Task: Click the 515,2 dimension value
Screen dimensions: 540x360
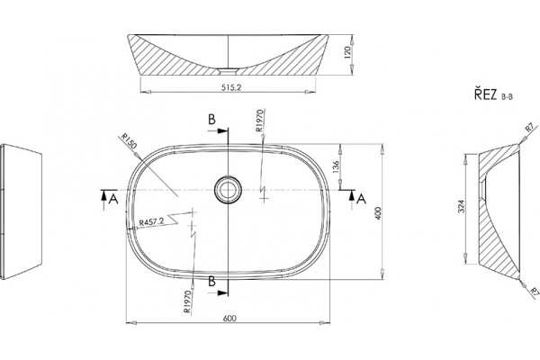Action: (230, 87)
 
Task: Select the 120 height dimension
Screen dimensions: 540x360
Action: (347, 52)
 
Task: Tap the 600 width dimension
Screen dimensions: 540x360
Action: (229, 318)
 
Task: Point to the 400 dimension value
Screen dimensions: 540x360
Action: (379, 213)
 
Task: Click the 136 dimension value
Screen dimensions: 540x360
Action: (337, 166)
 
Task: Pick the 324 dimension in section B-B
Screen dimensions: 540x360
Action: (462, 206)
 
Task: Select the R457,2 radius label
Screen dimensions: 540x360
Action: (152, 222)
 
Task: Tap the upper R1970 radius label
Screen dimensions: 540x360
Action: (260, 121)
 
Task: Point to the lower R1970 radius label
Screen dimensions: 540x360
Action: (187, 301)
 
